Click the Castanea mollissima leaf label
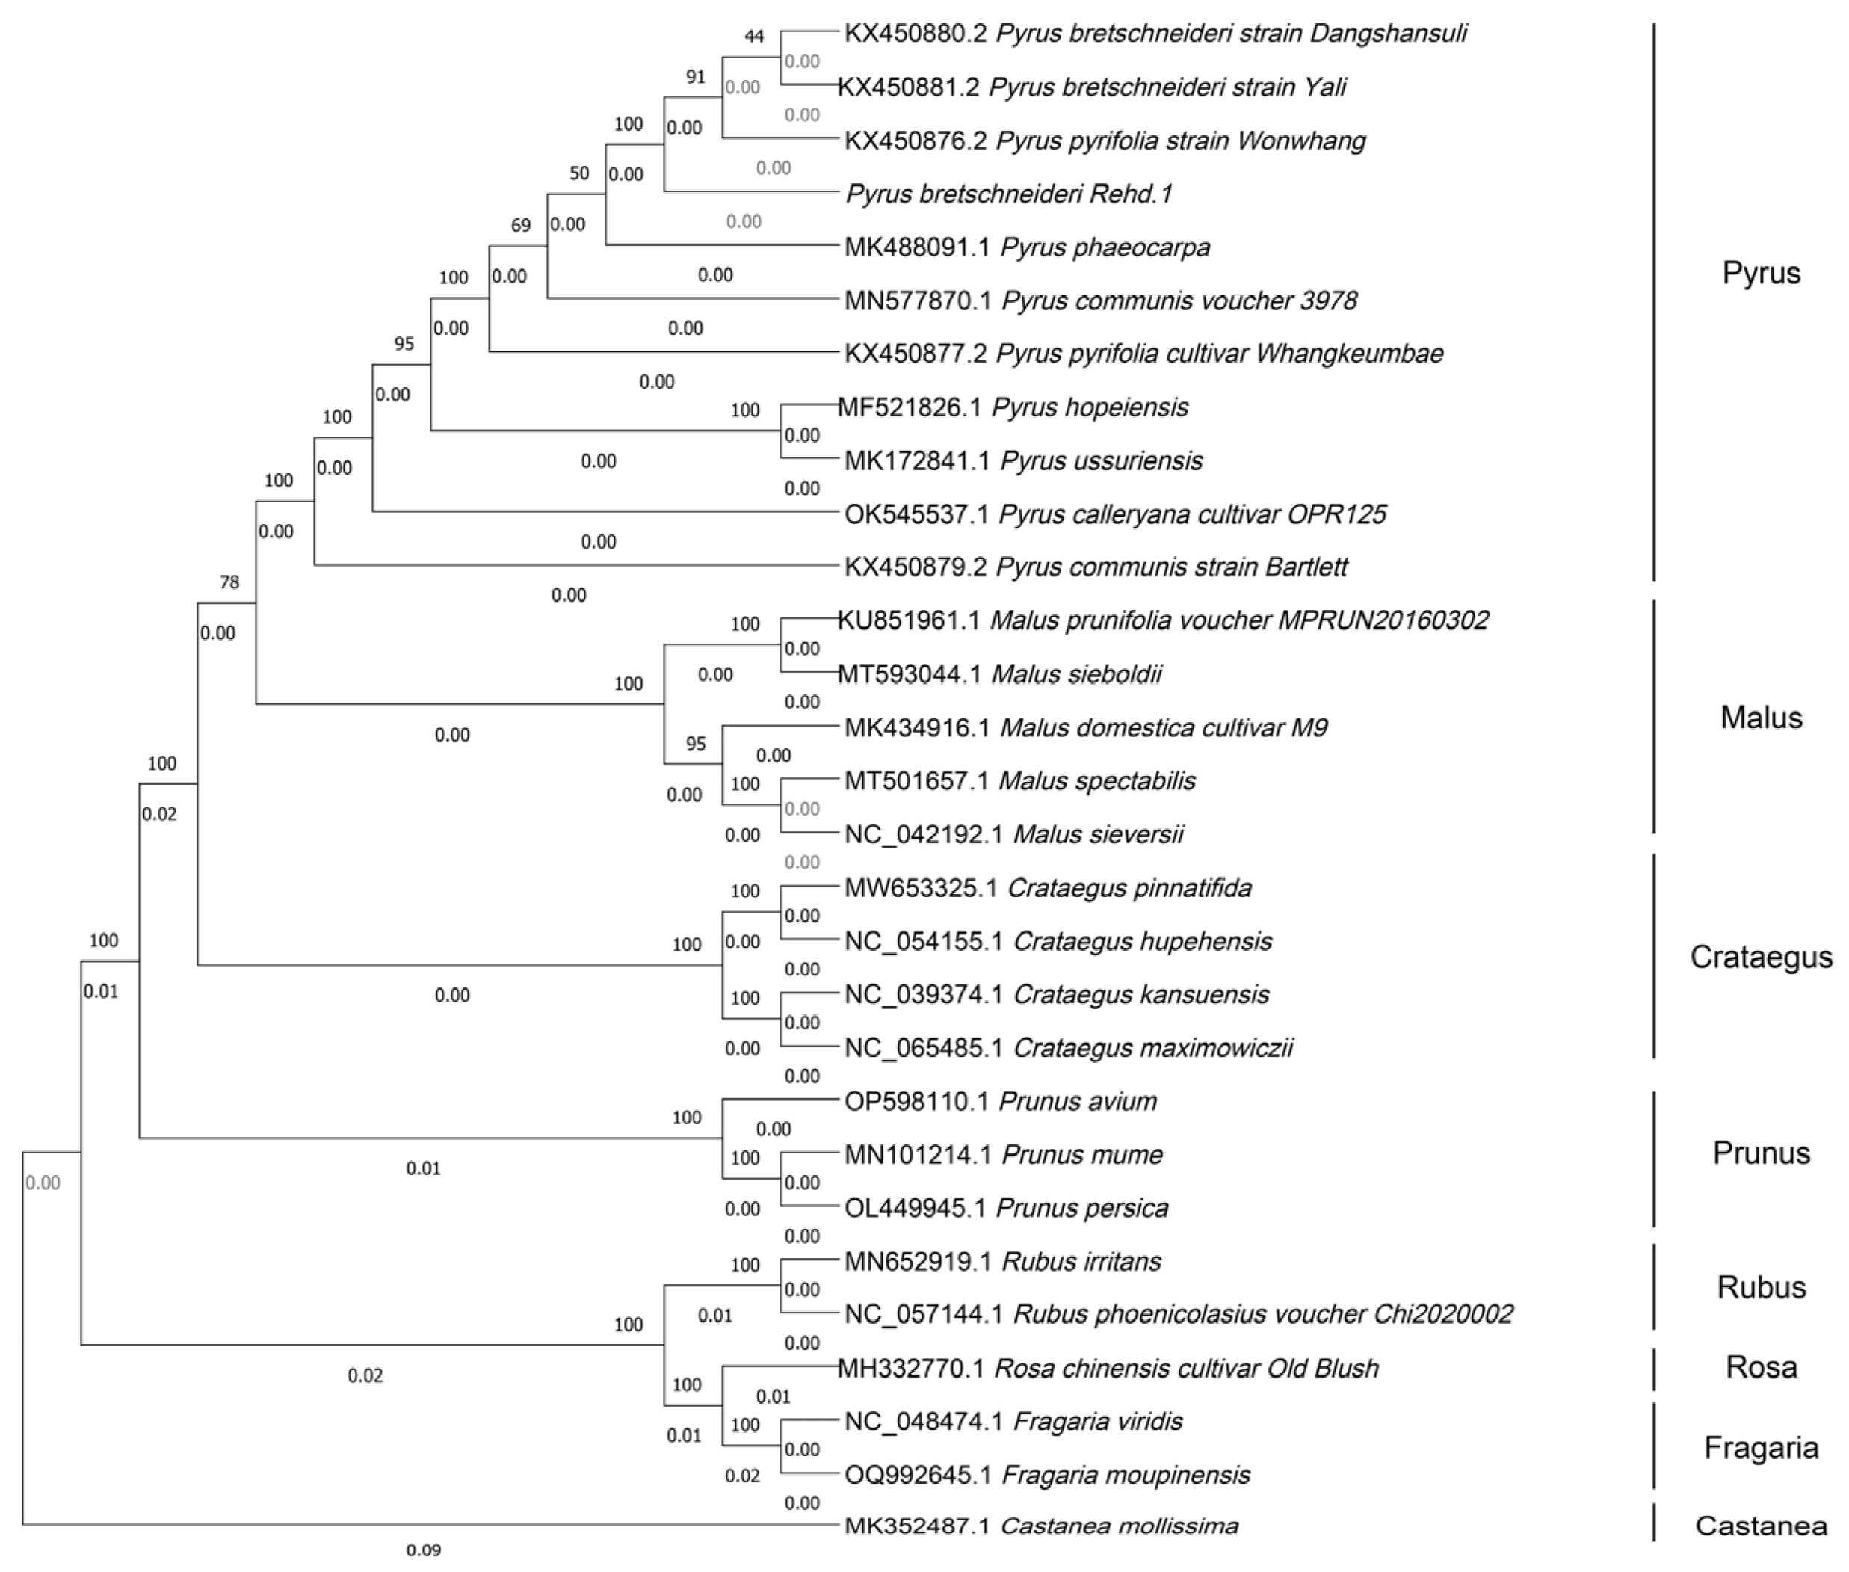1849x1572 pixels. point(1041,1526)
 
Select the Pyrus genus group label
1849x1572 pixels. point(1761,273)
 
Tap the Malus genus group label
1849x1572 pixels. point(1761,718)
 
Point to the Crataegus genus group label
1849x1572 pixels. point(1761,957)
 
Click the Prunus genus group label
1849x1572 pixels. point(1761,1153)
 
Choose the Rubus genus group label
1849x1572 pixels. point(1761,1287)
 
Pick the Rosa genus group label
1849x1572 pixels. point(1761,1367)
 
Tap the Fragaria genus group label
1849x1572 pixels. point(1761,1447)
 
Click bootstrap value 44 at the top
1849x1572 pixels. point(754,37)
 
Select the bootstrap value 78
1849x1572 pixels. point(229,582)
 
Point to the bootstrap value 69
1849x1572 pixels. point(520,226)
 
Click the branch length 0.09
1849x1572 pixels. point(423,1550)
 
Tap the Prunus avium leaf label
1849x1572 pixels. point(1001,1102)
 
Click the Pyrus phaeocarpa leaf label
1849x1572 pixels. point(1027,247)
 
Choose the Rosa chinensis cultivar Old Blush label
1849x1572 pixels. point(1108,1368)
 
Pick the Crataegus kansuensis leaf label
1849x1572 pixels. point(1057,994)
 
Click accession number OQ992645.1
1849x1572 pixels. point(918,1475)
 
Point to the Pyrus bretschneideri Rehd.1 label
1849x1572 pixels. point(1009,194)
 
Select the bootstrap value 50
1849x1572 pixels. point(579,173)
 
